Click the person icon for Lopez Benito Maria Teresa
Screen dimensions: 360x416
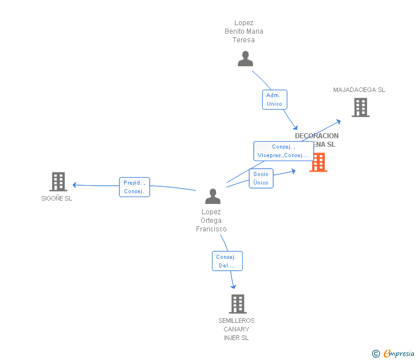point(245,59)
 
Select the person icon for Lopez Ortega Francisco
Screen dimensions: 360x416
point(213,197)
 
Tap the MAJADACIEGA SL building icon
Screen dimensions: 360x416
point(360,107)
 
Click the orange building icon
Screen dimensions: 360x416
point(318,162)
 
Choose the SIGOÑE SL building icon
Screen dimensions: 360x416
point(58,182)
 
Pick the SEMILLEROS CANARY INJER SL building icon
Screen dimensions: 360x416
point(237,304)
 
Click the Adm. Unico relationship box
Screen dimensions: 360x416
point(274,99)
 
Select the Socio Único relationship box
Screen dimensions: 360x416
point(261,178)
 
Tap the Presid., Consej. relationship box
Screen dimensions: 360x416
point(134,187)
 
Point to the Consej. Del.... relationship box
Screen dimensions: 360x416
point(227,261)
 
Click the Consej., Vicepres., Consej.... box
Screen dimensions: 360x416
point(283,151)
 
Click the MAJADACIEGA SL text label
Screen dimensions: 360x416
point(359,90)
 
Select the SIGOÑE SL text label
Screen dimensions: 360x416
point(57,198)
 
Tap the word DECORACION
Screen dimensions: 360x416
point(317,136)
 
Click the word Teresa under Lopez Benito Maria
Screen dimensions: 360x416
point(243,40)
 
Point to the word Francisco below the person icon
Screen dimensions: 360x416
point(211,229)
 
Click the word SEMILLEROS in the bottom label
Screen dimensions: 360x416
point(237,321)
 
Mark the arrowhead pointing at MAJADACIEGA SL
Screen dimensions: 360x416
point(338,121)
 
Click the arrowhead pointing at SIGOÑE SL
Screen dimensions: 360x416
point(74,185)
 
